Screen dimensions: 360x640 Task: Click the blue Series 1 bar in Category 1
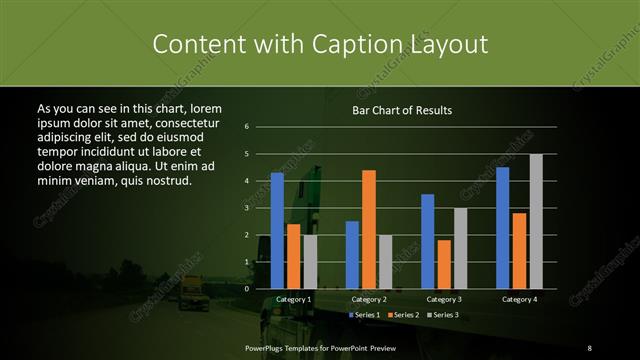[277, 231]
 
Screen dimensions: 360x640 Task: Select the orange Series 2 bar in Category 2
[369, 229]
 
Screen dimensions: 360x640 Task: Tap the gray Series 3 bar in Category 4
[536, 221]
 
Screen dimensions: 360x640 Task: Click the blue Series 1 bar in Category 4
[502, 228]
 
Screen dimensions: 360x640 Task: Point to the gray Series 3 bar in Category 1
[310, 262]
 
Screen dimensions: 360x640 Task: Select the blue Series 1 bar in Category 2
[352, 255]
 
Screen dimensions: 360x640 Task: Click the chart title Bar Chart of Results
[403, 110]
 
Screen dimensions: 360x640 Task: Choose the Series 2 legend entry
[402, 315]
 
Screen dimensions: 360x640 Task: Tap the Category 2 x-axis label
[369, 299]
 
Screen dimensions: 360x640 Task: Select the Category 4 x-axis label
[519, 299]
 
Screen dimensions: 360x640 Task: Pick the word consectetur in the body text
[182, 121]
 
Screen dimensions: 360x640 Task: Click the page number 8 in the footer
[589, 346]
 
